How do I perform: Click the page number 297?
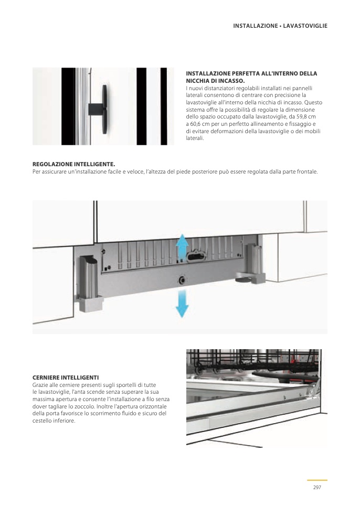[x=317, y=488]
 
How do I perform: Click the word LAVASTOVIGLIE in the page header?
[x=305, y=25]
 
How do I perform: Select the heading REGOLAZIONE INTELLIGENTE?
[x=73, y=164]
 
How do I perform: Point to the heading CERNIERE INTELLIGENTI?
[x=66, y=377]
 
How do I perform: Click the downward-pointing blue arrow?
[x=182, y=304]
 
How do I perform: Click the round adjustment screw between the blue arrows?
[x=182, y=279]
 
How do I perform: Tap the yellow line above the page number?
[x=317, y=480]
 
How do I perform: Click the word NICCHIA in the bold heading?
[x=198, y=81]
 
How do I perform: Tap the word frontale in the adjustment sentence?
[x=306, y=171]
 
